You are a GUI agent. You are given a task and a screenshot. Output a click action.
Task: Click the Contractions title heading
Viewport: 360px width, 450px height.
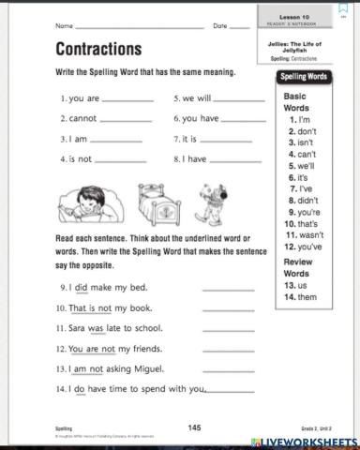pos(98,48)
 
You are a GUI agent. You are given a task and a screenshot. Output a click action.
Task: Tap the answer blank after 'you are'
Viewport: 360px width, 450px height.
pos(126,98)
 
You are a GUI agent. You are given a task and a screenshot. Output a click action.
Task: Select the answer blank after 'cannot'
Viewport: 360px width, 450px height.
pos(125,119)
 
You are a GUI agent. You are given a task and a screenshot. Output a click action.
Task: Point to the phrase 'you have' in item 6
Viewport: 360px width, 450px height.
pos(200,119)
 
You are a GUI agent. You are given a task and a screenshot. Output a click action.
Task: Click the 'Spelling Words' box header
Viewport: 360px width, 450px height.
pos(304,77)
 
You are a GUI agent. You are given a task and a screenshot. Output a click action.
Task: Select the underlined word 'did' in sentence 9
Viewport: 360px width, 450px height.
pos(81,287)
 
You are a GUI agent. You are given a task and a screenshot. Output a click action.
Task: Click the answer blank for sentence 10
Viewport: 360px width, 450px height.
pos(228,308)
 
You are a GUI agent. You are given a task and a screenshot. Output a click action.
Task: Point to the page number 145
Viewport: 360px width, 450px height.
pos(194,427)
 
